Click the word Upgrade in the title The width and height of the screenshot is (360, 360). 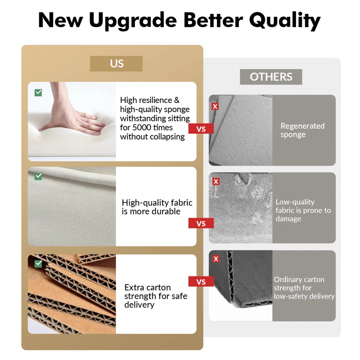point(133,21)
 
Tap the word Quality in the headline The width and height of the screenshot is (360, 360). point(285,21)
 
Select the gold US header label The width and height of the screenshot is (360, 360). point(116,63)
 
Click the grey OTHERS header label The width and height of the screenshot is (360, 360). point(271,77)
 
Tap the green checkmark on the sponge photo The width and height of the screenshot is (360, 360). point(38,93)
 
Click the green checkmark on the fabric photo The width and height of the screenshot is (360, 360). point(38,176)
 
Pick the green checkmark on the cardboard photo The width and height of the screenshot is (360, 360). point(38,263)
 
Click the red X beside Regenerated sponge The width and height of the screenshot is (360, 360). point(215,106)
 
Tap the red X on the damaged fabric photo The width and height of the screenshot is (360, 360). point(216,181)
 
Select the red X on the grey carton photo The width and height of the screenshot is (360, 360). point(216,259)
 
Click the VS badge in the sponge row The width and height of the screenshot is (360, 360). point(201,129)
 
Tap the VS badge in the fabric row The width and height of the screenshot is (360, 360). point(201,223)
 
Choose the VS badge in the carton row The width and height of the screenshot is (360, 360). point(201,281)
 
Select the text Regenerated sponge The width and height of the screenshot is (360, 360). point(302,130)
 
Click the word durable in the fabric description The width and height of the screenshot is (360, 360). point(167,211)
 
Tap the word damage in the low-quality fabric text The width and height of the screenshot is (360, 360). point(288,219)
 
